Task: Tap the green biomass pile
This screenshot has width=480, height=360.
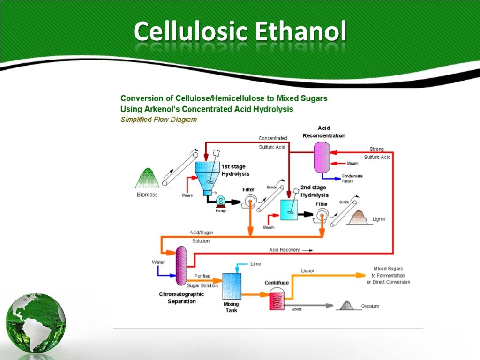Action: click(147, 179)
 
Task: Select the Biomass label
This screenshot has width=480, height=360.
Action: click(147, 195)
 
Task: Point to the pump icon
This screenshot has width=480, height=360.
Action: click(221, 201)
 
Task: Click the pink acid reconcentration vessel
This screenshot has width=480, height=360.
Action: click(322, 157)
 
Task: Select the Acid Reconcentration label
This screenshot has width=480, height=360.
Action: click(324, 132)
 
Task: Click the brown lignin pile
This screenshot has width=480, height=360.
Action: click(359, 217)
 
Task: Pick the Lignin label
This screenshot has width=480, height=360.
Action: click(379, 219)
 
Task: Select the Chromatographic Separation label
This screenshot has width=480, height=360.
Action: click(181, 298)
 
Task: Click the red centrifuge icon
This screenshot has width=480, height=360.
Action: click(277, 300)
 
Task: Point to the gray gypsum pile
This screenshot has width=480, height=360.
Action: click(345, 306)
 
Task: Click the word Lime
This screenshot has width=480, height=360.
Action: click(255, 264)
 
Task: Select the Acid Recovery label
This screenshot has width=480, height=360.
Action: click(284, 250)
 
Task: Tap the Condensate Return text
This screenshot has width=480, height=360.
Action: click(352, 179)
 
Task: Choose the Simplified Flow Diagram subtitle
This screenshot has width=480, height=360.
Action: click(158, 120)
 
